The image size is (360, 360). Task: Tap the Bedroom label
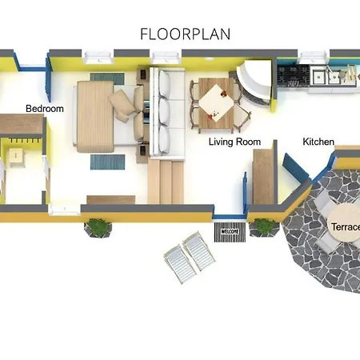tap(44, 109)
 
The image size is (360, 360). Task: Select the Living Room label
tap(235, 142)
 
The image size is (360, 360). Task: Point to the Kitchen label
tap(318, 142)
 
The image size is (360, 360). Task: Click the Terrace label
tap(344, 226)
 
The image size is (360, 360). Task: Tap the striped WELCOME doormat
tap(230, 233)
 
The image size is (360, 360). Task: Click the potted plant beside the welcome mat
tap(260, 227)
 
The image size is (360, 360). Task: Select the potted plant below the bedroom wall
tap(98, 227)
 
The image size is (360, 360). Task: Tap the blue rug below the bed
tap(106, 162)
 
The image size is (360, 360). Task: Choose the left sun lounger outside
tap(180, 265)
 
